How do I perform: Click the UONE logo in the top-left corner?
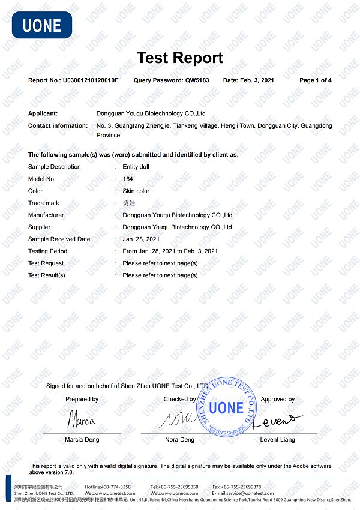coord(42,25)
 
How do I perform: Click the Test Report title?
coord(180,58)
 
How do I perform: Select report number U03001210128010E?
coord(91,80)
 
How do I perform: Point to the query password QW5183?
coord(197,80)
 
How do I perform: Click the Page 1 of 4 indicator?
coord(315,80)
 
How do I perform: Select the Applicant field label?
coord(43,113)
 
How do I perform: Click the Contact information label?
coord(58,125)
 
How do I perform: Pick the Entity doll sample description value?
coord(136,167)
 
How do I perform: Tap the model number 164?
coord(128,179)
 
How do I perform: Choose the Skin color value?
coord(136,191)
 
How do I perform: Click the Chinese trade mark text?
coord(130,203)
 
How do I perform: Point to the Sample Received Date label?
coord(59,239)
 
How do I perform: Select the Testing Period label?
coord(47,251)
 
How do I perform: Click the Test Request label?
coord(46,263)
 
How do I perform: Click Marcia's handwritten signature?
coord(82,419)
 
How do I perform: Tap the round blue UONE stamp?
coord(227,409)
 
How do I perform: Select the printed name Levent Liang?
coord(277,440)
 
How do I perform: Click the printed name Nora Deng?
coord(179,440)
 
